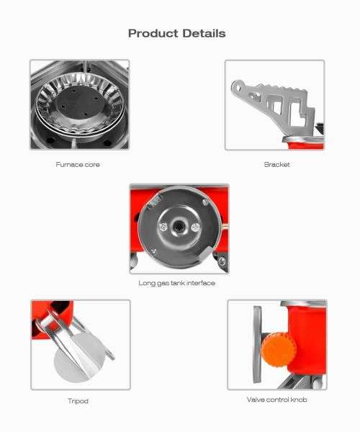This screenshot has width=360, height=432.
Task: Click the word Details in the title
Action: click(203, 33)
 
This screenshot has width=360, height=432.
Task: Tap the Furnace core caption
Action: click(78, 164)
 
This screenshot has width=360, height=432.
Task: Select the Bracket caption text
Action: click(276, 164)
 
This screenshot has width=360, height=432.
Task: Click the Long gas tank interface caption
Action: click(176, 283)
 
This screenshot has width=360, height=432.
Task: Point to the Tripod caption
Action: click(78, 400)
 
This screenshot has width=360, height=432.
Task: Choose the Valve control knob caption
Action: click(276, 399)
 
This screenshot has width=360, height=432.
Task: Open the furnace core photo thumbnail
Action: click(79, 104)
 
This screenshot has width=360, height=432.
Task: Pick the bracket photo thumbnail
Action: click(274, 104)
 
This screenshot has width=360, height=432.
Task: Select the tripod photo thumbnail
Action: click(80, 344)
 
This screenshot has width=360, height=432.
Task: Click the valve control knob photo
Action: click(276, 344)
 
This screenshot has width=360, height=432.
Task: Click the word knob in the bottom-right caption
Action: click(298, 399)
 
